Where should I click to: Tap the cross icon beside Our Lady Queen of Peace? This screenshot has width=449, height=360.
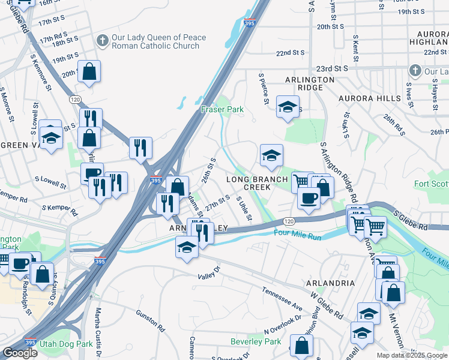click(x=102, y=41)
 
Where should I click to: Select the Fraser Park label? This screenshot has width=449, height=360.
click(x=222, y=110)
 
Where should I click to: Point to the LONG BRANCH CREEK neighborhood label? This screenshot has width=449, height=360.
click(x=257, y=184)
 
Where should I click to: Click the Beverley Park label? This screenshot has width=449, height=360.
click(x=256, y=341)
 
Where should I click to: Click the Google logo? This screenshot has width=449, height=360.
click(x=20, y=353)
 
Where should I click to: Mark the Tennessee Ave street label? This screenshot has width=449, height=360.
click(x=282, y=298)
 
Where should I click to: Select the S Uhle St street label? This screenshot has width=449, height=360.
click(x=244, y=208)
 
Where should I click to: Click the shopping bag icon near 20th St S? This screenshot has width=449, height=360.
click(x=89, y=72)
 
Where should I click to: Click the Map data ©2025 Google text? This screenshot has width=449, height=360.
click(x=412, y=355)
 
